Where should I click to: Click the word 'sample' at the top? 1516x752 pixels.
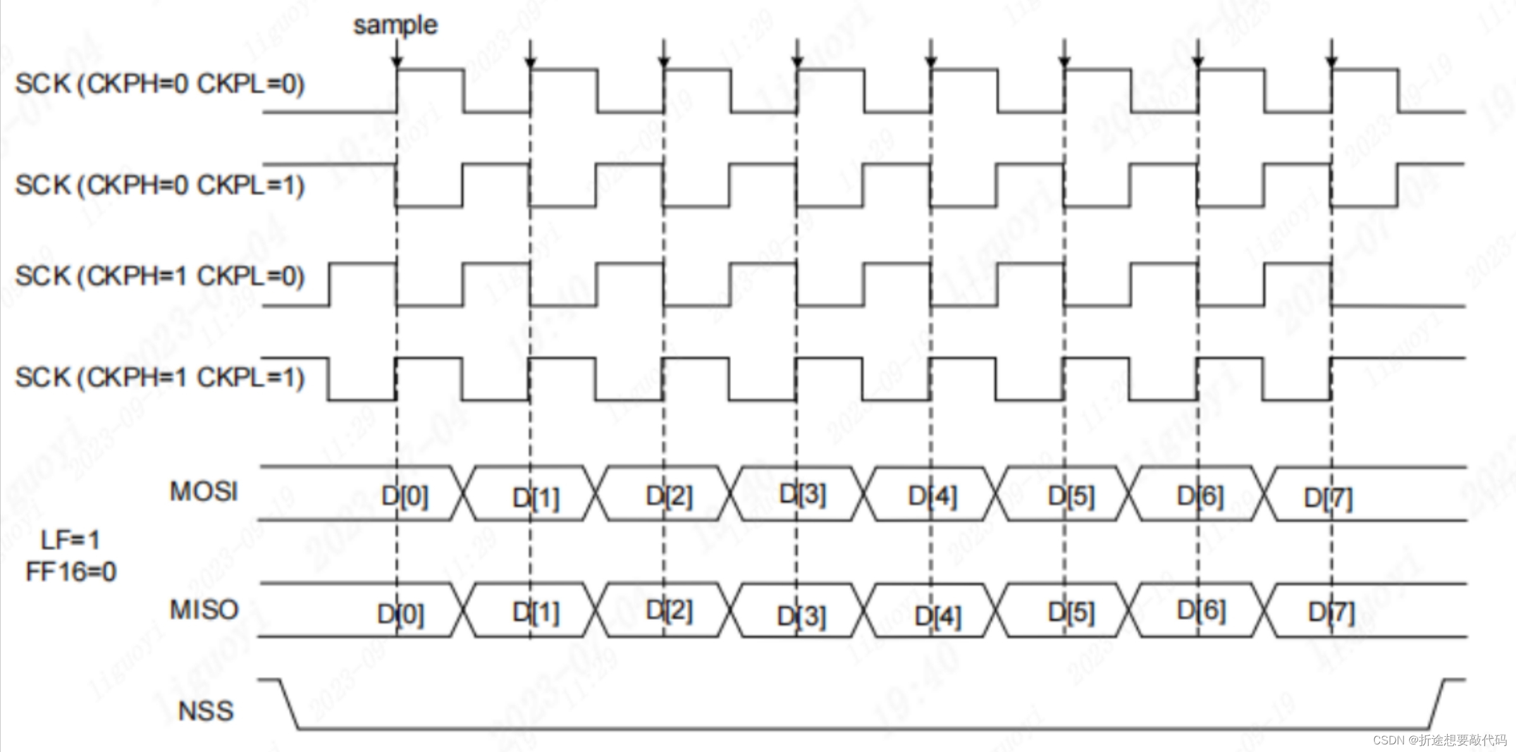click(x=395, y=25)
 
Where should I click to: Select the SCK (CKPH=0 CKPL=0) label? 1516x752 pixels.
click(x=160, y=84)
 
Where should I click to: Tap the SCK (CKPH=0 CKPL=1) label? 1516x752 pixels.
click(x=160, y=185)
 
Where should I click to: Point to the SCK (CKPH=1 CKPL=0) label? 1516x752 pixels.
click(x=160, y=276)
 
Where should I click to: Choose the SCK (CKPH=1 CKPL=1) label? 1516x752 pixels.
click(x=160, y=378)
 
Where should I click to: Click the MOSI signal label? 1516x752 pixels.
click(x=204, y=491)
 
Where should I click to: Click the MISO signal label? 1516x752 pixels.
click(x=204, y=610)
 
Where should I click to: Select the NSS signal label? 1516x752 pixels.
click(x=206, y=711)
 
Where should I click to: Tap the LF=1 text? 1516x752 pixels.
click(x=70, y=540)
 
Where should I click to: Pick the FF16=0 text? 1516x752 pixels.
click(x=71, y=572)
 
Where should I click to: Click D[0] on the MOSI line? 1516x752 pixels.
click(x=405, y=496)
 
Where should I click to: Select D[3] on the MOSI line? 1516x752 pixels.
click(x=803, y=494)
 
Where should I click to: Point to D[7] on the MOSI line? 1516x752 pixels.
click(x=1328, y=498)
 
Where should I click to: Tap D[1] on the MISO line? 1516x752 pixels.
click(x=536, y=612)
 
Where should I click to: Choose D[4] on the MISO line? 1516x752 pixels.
click(x=938, y=616)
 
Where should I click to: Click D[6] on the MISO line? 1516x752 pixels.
click(x=1201, y=611)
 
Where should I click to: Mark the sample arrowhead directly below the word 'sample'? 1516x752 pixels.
click(x=397, y=62)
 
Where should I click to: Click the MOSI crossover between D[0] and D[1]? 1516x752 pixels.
click(x=464, y=494)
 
